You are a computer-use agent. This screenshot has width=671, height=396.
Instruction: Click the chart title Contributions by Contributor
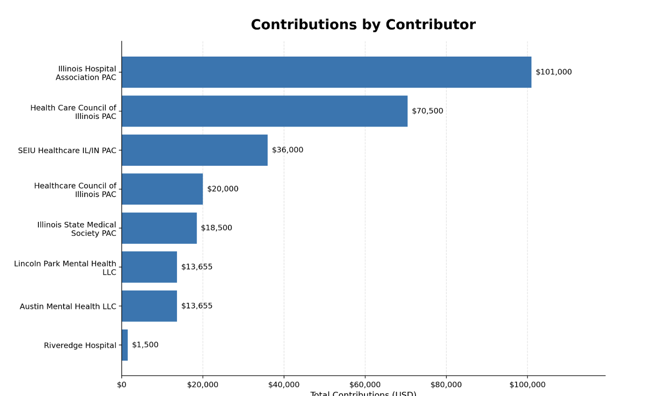point(363,25)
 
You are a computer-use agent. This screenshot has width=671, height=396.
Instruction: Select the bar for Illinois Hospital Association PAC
point(326,72)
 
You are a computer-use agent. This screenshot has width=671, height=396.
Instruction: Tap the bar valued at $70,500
point(264,111)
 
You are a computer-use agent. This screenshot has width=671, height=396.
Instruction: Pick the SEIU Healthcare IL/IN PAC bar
point(195,150)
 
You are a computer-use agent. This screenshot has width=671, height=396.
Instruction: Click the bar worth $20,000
point(162,189)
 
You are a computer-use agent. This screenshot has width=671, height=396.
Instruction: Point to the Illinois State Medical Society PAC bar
point(159,228)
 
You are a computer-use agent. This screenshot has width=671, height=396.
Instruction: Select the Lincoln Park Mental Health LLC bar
point(149,267)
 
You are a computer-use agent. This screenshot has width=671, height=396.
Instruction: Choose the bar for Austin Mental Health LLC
point(149,306)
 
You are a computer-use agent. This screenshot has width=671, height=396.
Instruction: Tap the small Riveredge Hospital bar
point(124,345)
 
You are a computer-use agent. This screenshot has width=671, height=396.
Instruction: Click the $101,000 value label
point(554,72)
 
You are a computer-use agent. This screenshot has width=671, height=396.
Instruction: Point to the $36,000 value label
point(287,150)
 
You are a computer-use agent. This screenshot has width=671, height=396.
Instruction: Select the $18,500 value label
point(216,228)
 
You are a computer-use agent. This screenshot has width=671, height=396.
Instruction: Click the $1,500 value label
point(145,345)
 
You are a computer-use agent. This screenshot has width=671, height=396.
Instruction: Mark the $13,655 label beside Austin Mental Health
point(197,306)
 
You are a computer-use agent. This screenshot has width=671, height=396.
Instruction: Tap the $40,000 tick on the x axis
point(284,385)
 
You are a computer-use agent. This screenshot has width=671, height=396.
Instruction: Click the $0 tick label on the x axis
point(122,385)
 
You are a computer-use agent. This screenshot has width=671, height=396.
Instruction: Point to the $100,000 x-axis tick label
point(527,385)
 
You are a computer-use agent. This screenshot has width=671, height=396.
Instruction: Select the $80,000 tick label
point(446,385)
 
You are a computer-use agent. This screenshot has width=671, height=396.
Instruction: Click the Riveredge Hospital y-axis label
point(80,345)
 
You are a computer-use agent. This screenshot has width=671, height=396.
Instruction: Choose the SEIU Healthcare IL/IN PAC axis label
point(67,151)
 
